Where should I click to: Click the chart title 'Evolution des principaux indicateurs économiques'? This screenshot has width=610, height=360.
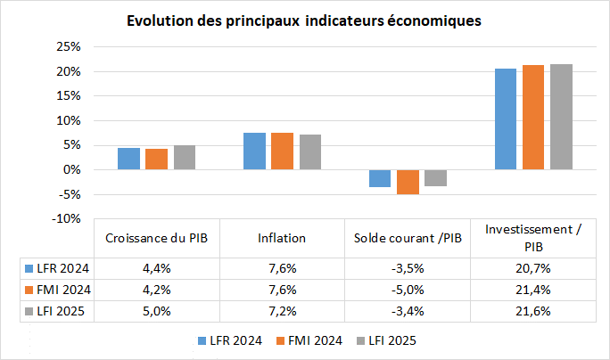(x=304, y=20)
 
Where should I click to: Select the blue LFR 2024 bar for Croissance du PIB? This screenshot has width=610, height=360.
(x=128, y=159)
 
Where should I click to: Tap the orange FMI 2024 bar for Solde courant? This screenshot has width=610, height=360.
(x=408, y=182)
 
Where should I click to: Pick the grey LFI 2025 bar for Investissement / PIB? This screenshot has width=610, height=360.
(x=561, y=117)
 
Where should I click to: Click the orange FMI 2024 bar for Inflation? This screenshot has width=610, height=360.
(x=282, y=151)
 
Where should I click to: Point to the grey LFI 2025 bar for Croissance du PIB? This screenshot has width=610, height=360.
(x=185, y=157)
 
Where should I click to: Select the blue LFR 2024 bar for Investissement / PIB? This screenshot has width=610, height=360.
(x=506, y=119)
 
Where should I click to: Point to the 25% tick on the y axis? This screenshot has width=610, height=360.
(x=68, y=46)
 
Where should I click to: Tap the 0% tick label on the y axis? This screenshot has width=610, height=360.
(x=71, y=169)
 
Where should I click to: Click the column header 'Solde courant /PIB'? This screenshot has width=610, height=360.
(x=408, y=238)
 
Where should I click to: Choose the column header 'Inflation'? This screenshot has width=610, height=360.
(x=282, y=238)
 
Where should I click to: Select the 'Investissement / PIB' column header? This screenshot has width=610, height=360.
(x=533, y=238)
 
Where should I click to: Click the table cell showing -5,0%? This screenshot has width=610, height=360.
(x=408, y=289)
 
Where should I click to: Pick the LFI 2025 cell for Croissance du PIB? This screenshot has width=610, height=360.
(x=157, y=310)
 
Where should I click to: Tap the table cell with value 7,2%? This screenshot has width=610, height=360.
(x=282, y=310)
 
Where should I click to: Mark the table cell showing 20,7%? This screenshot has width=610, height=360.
(x=533, y=267)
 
